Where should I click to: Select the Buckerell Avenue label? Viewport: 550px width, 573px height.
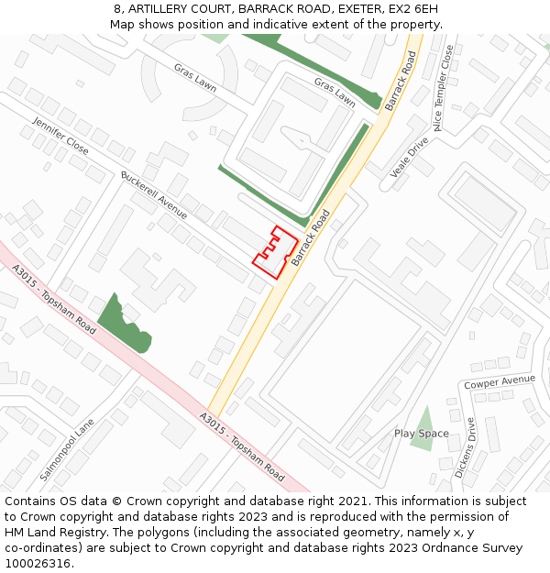coord(154,194)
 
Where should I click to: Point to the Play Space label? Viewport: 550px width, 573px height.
coord(422,434)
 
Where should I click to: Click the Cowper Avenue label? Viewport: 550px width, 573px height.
coord(500,380)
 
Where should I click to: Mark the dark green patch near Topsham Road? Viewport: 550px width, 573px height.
coord(124,325)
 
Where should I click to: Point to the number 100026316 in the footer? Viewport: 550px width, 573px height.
coord(38,564)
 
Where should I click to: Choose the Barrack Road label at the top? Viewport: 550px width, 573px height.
coord(401,81)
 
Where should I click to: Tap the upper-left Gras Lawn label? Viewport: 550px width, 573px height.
coord(195,78)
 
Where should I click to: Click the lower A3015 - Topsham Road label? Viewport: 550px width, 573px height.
coord(243,446)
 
